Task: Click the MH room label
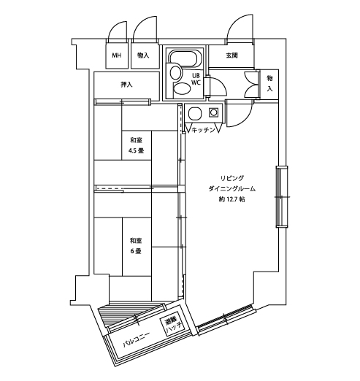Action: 117,55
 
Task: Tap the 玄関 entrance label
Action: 231,55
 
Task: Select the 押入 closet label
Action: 127,85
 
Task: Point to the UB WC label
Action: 196,79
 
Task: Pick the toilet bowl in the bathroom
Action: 182,88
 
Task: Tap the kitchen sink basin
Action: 196,114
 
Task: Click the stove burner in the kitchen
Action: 213,112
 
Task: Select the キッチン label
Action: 203,130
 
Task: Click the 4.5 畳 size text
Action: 137,151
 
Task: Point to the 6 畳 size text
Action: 136,251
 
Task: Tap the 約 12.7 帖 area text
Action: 231,199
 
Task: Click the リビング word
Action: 232,178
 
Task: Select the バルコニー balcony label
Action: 136,340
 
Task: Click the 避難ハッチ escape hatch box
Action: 174,326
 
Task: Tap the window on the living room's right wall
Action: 282,196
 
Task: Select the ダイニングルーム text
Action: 232,189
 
